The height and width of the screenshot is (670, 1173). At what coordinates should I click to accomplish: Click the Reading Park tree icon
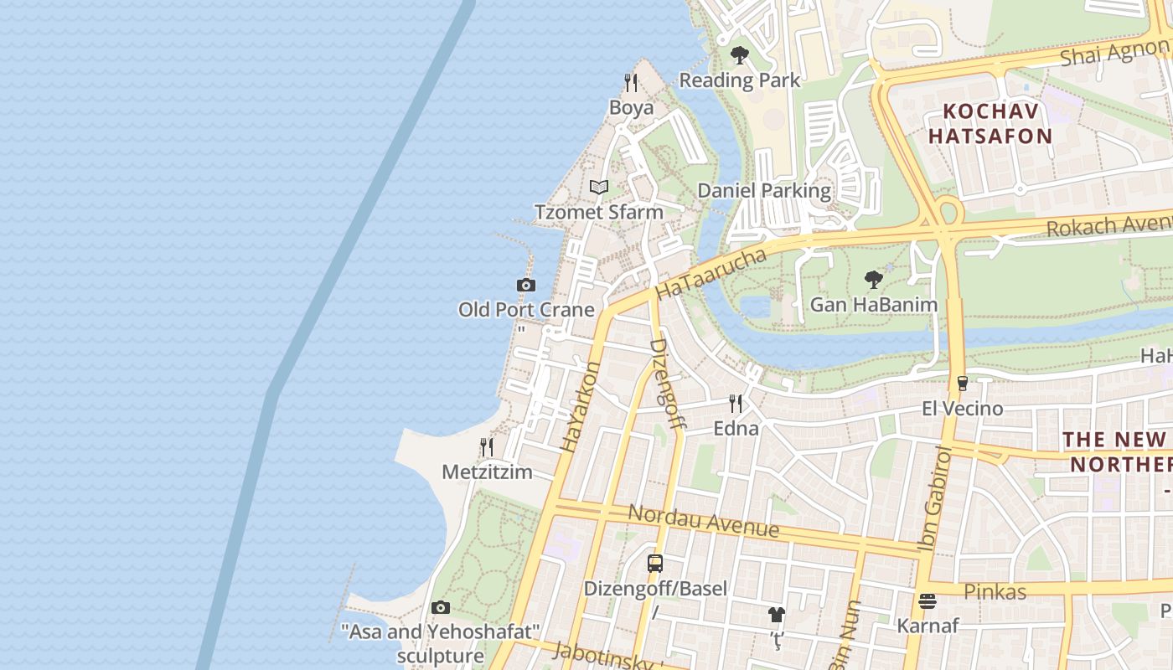coord(739,56)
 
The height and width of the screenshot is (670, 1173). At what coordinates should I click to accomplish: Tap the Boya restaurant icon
coord(631,83)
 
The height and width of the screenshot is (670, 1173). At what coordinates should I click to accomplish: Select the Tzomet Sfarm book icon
coord(598,188)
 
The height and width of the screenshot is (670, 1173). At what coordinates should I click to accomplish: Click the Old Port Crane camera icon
coord(525,286)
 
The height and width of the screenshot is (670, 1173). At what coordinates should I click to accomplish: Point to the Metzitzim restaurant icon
coord(487,447)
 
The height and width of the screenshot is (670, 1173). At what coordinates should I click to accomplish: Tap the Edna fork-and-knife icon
coord(736,404)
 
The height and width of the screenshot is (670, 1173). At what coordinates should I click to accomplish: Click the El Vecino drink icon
coord(962,384)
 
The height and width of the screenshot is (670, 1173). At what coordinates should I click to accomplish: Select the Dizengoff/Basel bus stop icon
coord(655,564)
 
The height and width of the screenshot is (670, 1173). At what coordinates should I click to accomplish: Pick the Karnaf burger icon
coord(927,600)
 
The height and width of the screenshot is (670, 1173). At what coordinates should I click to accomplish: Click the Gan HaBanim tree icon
coord(873,280)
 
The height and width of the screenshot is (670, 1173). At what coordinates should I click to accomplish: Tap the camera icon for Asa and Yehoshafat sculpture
coord(441,607)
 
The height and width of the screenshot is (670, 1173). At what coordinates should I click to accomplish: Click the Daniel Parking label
coord(764,191)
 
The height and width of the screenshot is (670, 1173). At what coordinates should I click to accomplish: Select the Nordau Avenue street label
coord(704,521)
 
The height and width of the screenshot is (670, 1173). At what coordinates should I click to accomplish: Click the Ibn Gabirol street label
coord(936,499)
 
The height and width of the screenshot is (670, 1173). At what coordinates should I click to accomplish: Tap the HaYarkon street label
coord(581,407)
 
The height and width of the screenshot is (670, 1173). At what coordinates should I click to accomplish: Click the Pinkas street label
coord(995,592)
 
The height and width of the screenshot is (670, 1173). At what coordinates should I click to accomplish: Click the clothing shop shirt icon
coord(776,615)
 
